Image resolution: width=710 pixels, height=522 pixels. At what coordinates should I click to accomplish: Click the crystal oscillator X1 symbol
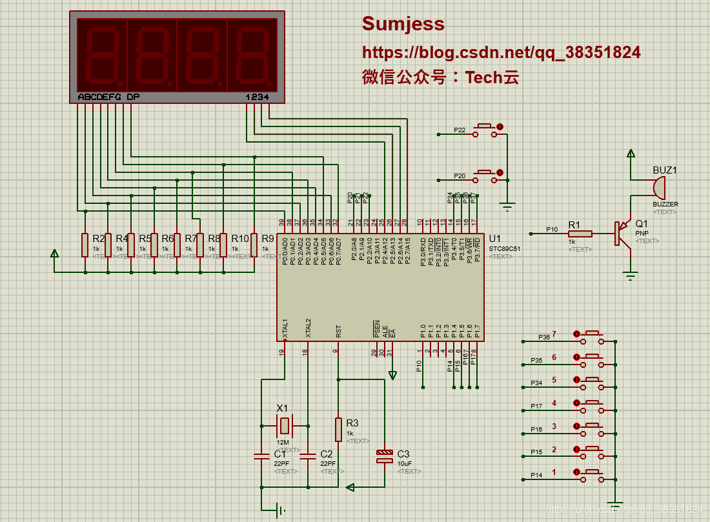(284, 425)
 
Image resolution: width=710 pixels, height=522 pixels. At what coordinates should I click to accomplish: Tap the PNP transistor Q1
(621, 233)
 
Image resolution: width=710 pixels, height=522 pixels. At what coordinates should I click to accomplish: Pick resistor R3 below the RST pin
(338, 428)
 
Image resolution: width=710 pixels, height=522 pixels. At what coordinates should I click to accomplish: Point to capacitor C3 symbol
(384, 457)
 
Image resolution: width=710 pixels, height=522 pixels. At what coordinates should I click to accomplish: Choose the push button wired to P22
(486, 130)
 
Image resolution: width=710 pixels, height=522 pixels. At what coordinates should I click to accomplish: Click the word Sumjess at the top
(403, 24)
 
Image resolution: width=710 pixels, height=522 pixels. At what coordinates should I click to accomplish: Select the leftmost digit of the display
(101, 55)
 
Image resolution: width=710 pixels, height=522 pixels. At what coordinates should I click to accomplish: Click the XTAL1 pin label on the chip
(285, 329)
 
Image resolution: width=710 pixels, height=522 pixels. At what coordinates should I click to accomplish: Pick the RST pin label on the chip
(339, 331)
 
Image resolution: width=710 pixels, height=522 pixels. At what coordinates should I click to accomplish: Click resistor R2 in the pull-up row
(85, 245)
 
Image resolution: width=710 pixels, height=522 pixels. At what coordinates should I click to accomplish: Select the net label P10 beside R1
(552, 229)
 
